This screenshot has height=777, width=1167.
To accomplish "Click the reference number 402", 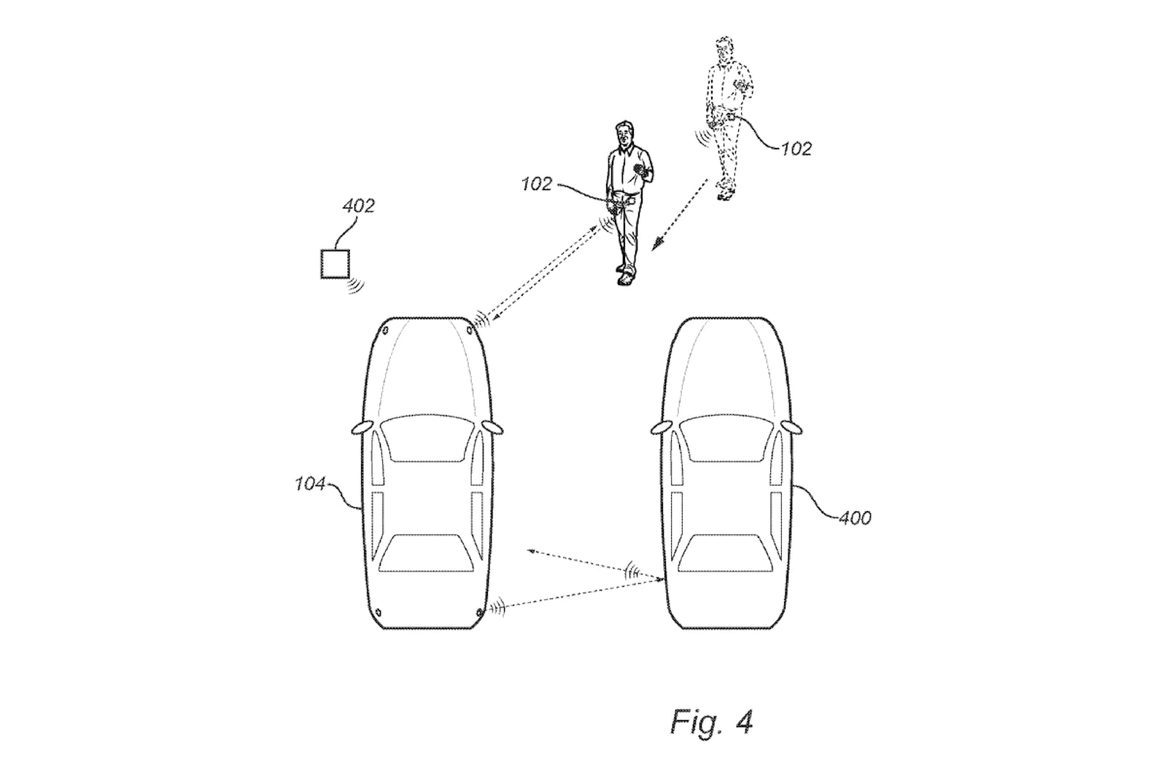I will [358, 206].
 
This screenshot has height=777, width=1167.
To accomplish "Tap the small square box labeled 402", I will [335, 263].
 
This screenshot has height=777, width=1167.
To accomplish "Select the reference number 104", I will [310, 483].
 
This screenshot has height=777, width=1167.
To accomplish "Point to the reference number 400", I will [855, 518].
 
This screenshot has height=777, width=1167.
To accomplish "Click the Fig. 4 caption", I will [711, 722].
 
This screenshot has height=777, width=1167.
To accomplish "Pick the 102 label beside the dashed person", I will [796, 149].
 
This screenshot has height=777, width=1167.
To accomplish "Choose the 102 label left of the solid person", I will [536, 184].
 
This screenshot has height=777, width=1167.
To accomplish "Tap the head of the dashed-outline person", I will [723, 51].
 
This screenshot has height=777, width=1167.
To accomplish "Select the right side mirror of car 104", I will [494, 427].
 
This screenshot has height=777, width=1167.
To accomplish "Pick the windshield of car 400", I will [726, 438].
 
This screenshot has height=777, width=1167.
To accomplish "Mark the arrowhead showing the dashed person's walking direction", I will [656, 245].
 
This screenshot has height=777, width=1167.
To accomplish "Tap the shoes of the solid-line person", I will [624, 278].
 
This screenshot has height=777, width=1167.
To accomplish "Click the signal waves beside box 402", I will [356, 284].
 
